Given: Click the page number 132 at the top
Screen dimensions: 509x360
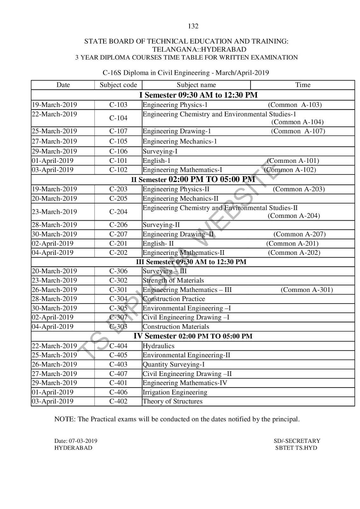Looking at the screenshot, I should (193, 26).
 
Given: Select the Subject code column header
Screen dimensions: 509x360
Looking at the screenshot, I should (118, 85).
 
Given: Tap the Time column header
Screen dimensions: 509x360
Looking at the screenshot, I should (302, 85).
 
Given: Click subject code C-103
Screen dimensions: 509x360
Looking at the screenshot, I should (118, 105).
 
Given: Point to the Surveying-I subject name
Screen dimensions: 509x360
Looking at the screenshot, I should (160, 151).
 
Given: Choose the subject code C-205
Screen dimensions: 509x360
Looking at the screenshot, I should (118, 199).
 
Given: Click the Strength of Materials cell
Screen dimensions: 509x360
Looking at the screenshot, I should (173, 281).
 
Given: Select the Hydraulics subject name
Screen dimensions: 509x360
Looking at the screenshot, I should (158, 346).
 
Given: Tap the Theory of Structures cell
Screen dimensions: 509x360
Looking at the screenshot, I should (172, 401).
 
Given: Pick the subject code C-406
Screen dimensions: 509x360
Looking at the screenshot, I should (118, 392).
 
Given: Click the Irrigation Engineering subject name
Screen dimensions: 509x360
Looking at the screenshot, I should (175, 392).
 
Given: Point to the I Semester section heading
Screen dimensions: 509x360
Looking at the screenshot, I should (198, 95).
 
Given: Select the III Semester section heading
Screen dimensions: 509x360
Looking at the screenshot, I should (191, 262).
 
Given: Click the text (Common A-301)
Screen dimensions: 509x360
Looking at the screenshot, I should (307, 290).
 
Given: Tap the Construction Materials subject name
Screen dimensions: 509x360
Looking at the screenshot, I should (176, 327).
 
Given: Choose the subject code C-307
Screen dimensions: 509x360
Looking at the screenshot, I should (118, 317).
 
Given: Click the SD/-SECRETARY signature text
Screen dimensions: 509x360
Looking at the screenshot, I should (297, 441).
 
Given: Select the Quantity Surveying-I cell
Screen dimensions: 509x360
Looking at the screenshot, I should (174, 365).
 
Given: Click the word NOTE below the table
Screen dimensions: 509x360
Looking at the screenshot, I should (64, 419).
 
